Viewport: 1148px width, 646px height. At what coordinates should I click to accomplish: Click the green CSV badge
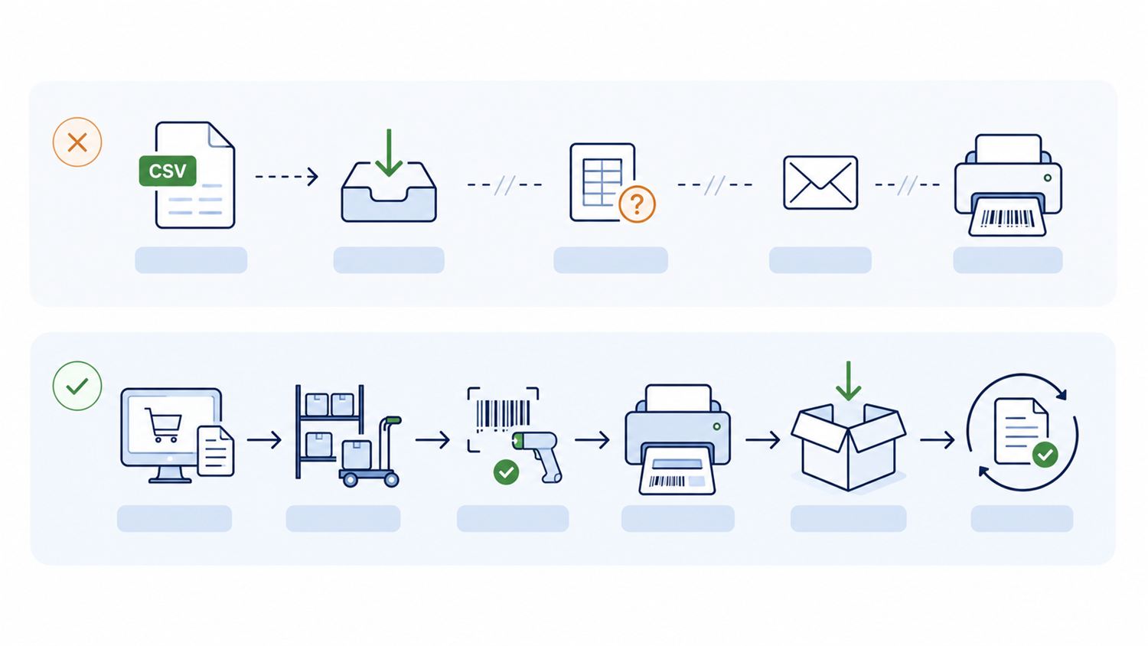tap(168, 171)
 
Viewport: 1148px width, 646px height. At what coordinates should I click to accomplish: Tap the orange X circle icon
tap(77, 142)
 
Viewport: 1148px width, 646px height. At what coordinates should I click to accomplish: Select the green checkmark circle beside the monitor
tap(77, 386)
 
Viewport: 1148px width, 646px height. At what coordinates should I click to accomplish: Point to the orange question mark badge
tap(637, 204)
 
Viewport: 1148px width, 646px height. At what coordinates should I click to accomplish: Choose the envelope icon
tap(820, 182)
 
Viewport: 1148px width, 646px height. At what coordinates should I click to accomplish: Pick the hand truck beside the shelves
tap(370, 451)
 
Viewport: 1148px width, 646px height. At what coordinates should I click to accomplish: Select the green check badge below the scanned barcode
tap(506, 471)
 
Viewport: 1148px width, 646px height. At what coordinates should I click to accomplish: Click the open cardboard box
tap(849, 447)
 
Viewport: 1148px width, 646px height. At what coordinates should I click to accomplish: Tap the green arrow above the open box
tap(849, 381)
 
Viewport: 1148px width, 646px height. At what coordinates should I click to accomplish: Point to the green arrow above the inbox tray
tap(389, 152)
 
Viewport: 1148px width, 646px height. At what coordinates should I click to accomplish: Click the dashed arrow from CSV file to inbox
tap(287, 176)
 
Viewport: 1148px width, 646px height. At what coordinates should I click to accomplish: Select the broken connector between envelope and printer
tap(907, 184)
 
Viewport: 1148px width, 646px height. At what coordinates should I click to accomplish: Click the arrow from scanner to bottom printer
tap(592, 439)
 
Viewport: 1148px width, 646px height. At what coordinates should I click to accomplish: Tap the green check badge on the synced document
tap(1045, 454)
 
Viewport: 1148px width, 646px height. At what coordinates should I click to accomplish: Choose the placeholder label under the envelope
tap(820, 260)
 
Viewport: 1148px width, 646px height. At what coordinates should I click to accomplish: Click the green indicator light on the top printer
tap(1048, 178)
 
